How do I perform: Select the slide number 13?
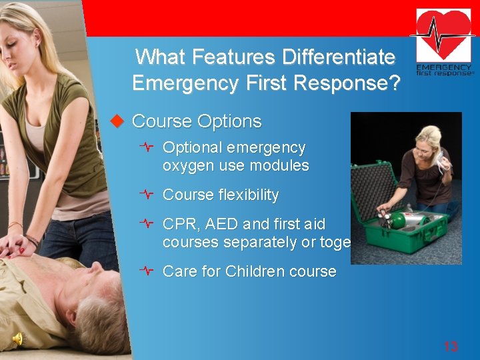(451, 346)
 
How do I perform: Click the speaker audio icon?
(18, 339)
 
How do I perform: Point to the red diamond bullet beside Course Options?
(117, 121)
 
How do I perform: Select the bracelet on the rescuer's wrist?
(31, 239)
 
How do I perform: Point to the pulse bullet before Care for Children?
(148, 271)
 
